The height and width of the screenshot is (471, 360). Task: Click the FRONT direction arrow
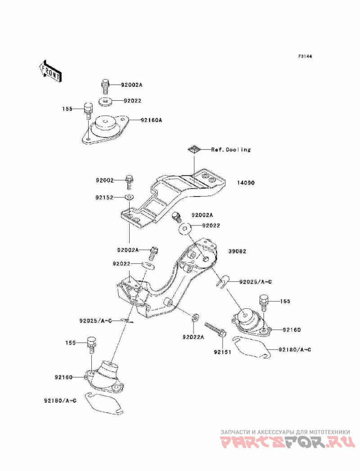pyautogui.click(x=50, y=71)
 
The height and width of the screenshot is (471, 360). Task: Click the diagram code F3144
pyautogui.click(x=305, y=56)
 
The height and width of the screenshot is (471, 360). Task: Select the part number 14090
pyautogui.click(x=246, y=183)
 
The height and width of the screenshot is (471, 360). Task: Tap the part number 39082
pyautogui.click(x=237, y=251)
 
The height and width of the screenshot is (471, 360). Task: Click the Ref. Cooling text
pyautogui.click(x=231, y=149)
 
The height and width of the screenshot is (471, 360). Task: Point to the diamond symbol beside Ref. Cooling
pyautogui.click(x=194, y=149)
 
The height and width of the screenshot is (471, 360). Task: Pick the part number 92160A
pyautogui.click(x=151, y=120)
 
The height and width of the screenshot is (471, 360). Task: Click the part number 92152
pyautogui.click(x=104, y=197)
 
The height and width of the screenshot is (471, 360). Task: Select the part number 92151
pyautogui.click(x=223, y=352)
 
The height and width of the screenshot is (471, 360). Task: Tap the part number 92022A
pyautogui.click(x=193, y=337)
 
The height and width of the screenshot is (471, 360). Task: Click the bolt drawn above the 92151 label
pyautogui.click(x=216, y=329)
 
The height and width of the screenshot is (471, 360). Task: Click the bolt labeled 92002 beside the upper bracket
pyautogui.click(x=129, y=181)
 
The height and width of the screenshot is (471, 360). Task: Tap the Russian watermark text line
pyautogui.click(x=285, y=432)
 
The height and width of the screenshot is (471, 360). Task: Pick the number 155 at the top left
pyautogui.click(x=67, y=109)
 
